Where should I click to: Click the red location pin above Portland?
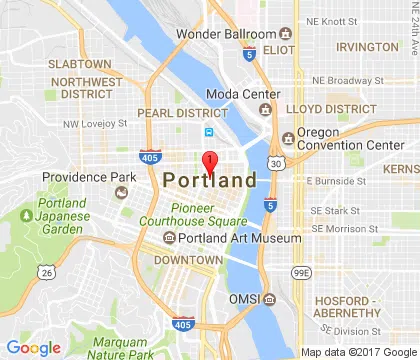[x=210, y=163]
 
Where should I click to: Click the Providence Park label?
[x=88, y=177]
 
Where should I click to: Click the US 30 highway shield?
[x=274, y=162]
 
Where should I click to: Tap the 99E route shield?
[x=299, y=271]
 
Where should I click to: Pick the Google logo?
[x=34, y=347]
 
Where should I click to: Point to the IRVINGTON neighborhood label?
[x=367, y=47]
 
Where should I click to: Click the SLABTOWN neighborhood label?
[x=79, y=64]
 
